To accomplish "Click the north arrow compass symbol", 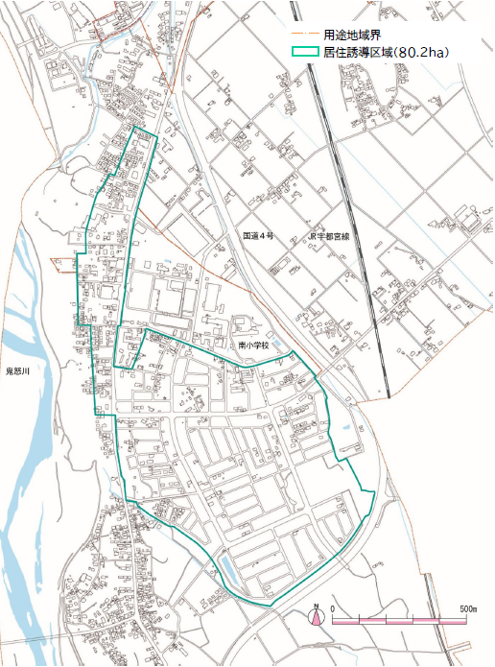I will [316, 618].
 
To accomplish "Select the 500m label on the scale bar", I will [469, 609].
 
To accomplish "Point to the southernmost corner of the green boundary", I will [271, 605].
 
